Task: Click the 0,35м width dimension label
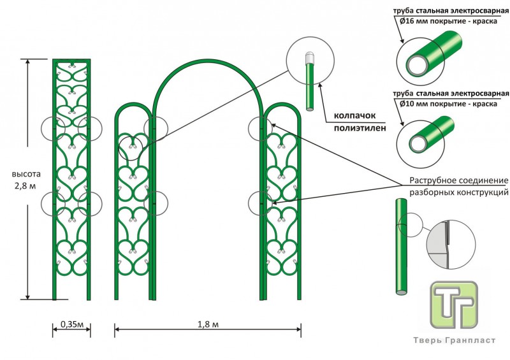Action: tap(71, 324)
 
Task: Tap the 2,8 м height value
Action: tap(25, 185)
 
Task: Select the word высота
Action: tap(25, 173)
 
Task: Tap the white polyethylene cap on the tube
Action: tap(310, 58)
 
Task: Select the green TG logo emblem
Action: tap(454, 304)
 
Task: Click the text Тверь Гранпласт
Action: tap(454, 340)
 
